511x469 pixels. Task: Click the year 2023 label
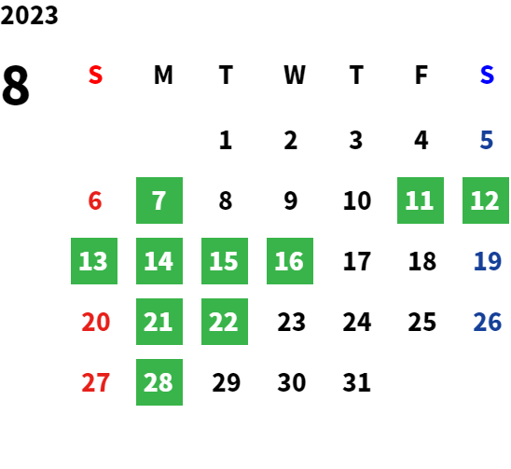(29, 15)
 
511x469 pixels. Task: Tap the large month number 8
(16, 85)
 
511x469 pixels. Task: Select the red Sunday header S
(95, 75)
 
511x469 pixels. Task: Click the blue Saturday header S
(487, 75)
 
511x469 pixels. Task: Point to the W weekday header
(295, 75)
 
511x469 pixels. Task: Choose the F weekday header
(421, 75)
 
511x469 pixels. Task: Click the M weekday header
(163, 75)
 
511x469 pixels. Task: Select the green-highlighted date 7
(159, 200)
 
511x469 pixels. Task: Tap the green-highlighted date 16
(290, 261)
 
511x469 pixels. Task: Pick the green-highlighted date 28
(159, 382)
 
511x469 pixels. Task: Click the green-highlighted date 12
(486, 200)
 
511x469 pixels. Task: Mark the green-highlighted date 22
(225, 322)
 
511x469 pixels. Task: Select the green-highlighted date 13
(94, 261)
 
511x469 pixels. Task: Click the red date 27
(95, 382)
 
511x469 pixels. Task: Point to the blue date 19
(487, 261)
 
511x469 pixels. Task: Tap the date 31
(356, 382)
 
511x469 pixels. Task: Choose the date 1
(226, 140)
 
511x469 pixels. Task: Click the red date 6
(95, 200)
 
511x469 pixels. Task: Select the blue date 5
(486, 140)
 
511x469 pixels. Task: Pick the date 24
(357, 322)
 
